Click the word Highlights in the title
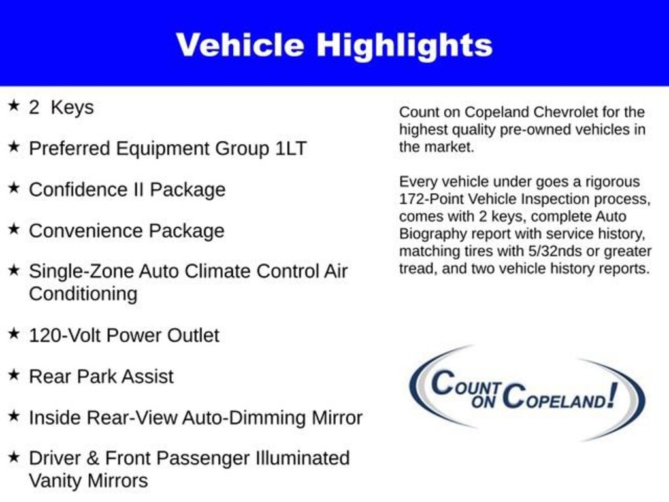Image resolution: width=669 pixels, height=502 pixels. [x=404, y=45]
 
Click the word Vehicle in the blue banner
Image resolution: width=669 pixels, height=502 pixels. [x=240, y=45]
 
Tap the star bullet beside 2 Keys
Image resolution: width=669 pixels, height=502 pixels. [x=13, y=106]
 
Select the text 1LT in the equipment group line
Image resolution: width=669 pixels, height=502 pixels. [x=289, y=148]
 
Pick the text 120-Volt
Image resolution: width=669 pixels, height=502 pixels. [x=65, y=335]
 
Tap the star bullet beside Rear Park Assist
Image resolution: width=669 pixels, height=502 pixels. [x=13, y=375]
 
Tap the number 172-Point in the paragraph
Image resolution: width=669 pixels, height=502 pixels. [x=431, y=199]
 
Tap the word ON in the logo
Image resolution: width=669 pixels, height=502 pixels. [x=485, y=402]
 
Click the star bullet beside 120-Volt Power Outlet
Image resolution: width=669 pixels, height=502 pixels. [x=13, y=334]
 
